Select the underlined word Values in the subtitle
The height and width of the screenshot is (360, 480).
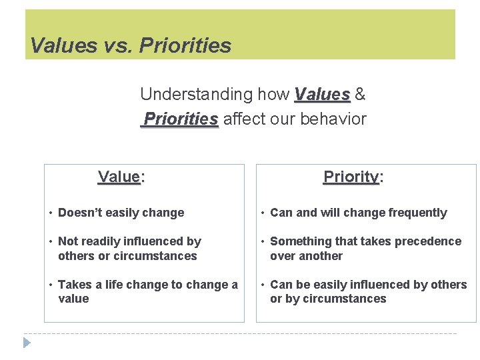[322, 95]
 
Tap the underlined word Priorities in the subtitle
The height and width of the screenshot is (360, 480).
[181, 119]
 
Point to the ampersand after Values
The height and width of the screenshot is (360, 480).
[360, 95]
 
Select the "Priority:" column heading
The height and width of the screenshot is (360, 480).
[353, 177]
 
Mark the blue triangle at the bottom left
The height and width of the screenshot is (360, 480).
[27, 343]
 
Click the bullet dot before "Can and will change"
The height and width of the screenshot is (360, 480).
[263, 213]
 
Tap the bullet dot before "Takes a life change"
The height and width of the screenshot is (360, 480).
[51, 285]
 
